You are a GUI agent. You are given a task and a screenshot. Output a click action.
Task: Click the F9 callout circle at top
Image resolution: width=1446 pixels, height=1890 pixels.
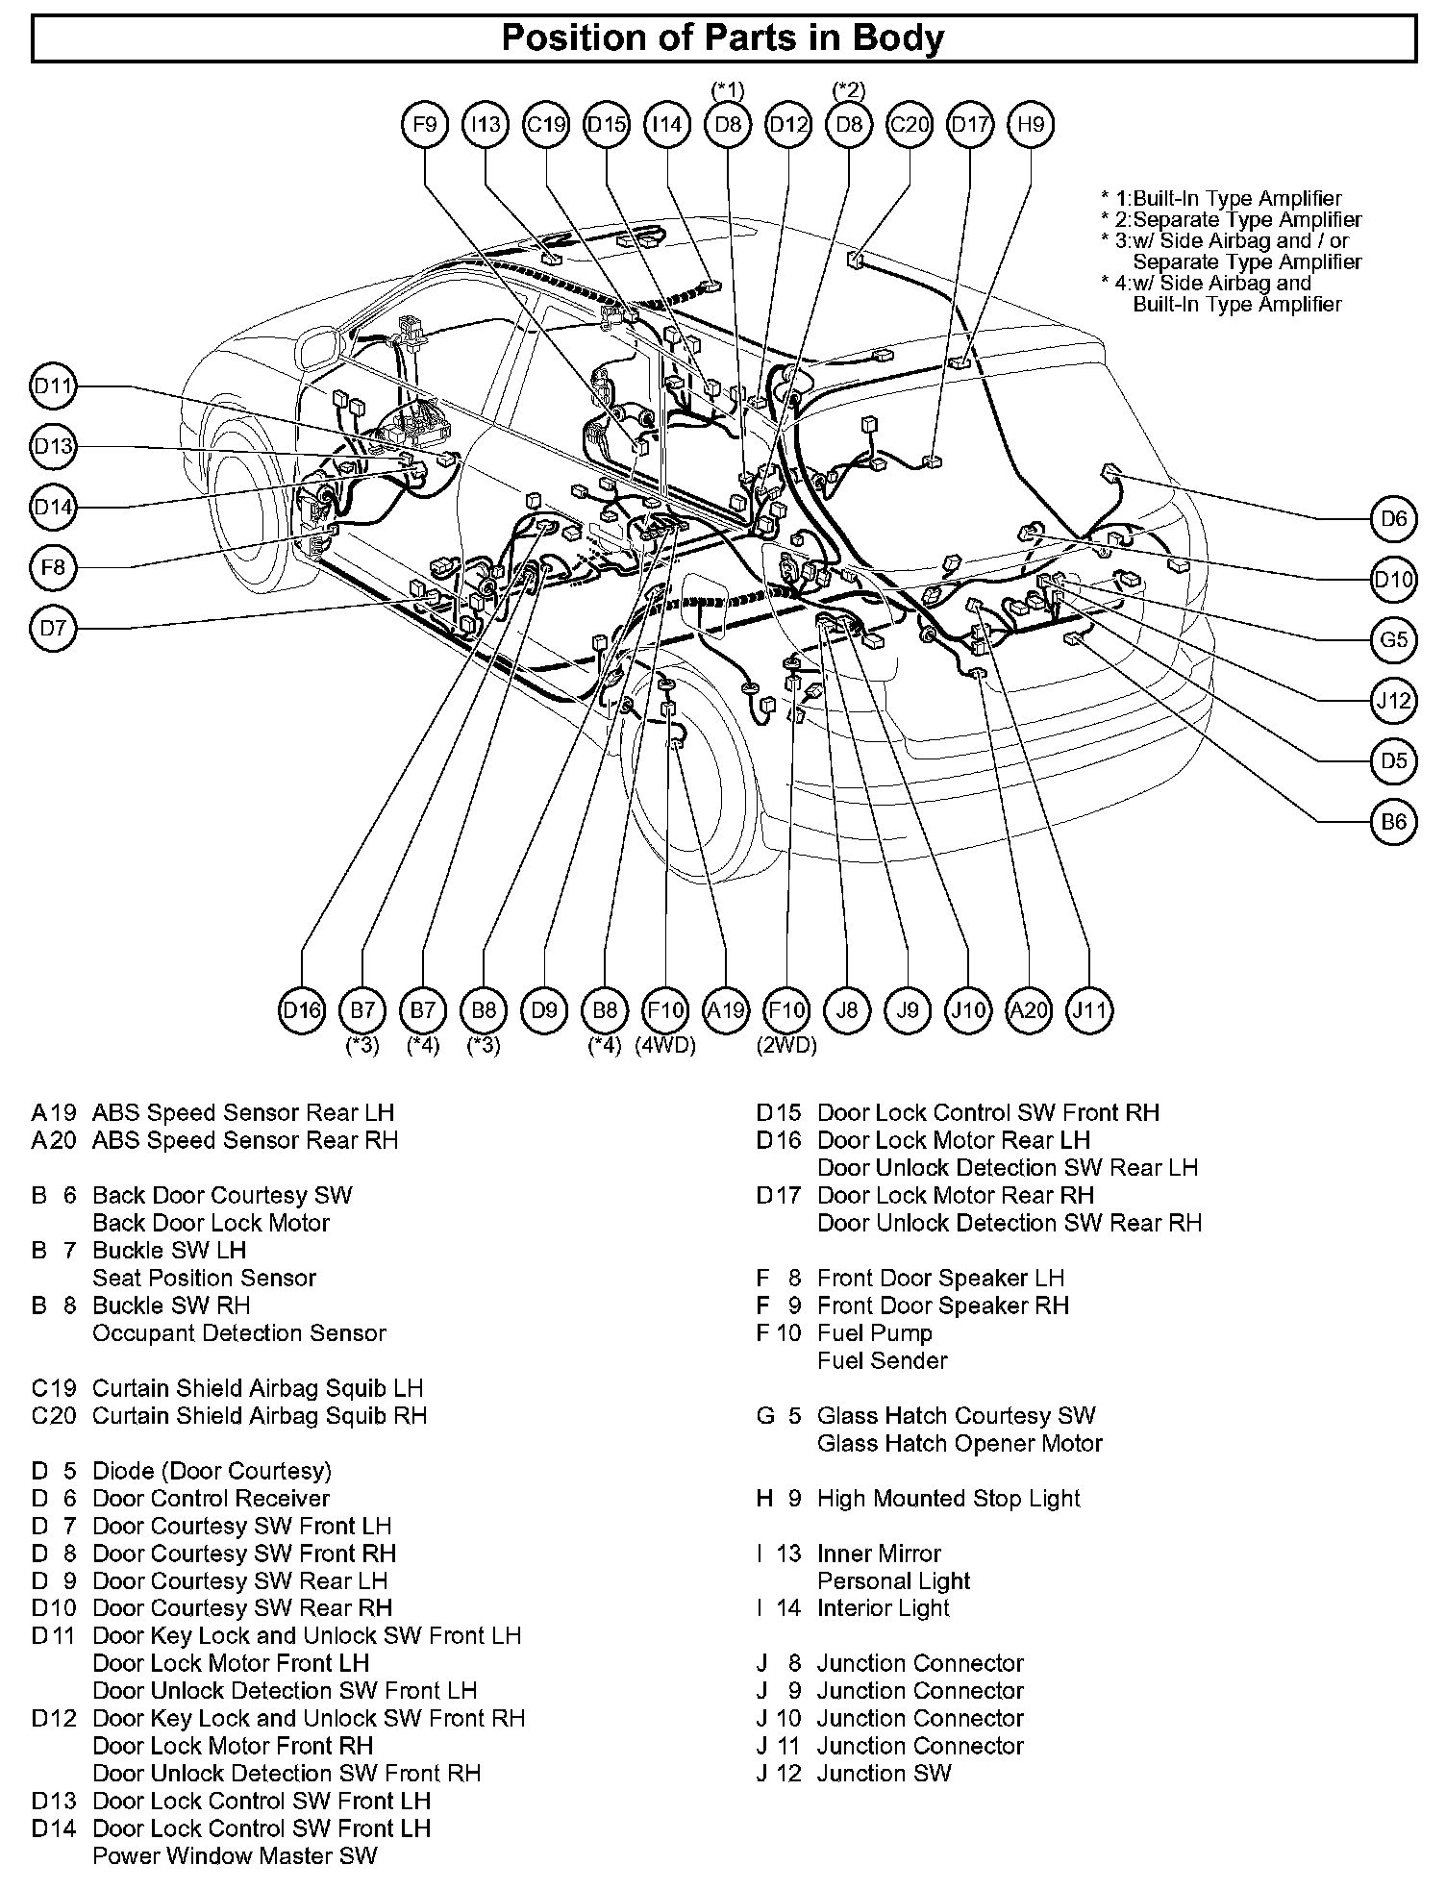click(425, 125)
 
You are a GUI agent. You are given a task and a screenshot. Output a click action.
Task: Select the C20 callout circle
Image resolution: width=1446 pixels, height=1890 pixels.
click(910, 125)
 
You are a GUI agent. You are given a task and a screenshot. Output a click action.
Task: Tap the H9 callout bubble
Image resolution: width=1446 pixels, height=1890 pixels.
click(1031, 125)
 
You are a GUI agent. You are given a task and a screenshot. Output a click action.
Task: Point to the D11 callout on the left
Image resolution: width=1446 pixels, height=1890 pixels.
click(53, 386)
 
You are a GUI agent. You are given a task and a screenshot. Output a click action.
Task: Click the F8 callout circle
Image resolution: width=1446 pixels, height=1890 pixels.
click(53, 568)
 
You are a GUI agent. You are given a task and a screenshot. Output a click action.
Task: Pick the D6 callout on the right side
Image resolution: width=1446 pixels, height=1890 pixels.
click(1394, 519)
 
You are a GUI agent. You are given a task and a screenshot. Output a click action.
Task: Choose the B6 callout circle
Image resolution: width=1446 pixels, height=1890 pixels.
click(1394, 822)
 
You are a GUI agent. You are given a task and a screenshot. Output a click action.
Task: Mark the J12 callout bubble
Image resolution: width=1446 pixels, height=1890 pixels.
click(1394, 701)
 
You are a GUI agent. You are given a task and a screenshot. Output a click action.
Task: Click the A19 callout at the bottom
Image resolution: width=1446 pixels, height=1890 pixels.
click(726, 1010)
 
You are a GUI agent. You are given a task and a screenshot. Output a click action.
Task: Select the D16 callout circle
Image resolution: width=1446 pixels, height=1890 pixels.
click(302, 1010)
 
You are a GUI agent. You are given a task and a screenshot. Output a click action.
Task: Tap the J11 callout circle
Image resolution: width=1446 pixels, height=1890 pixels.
click(1090, 1010)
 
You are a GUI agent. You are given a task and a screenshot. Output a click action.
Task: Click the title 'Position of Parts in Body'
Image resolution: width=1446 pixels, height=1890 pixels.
click(723, 38)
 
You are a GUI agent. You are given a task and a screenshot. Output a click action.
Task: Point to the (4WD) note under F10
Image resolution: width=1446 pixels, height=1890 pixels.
click(665, 1046)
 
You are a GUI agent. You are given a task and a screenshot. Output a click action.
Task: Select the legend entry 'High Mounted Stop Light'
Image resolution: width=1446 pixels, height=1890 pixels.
click(948, 1499)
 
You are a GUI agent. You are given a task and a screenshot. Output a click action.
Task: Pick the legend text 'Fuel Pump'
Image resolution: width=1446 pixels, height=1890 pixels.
click(874, 1333)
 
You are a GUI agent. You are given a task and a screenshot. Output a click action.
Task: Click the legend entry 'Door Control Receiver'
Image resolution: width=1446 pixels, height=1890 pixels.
click(211, 1499)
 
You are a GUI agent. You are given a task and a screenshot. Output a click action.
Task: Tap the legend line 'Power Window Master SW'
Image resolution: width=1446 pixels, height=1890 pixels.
click(235, 1856)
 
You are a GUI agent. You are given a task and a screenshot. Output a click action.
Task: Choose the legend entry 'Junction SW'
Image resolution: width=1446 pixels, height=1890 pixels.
click(884, 1774)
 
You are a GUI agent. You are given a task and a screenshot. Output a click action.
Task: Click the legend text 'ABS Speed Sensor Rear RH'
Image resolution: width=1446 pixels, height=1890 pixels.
click(244, 1140)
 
